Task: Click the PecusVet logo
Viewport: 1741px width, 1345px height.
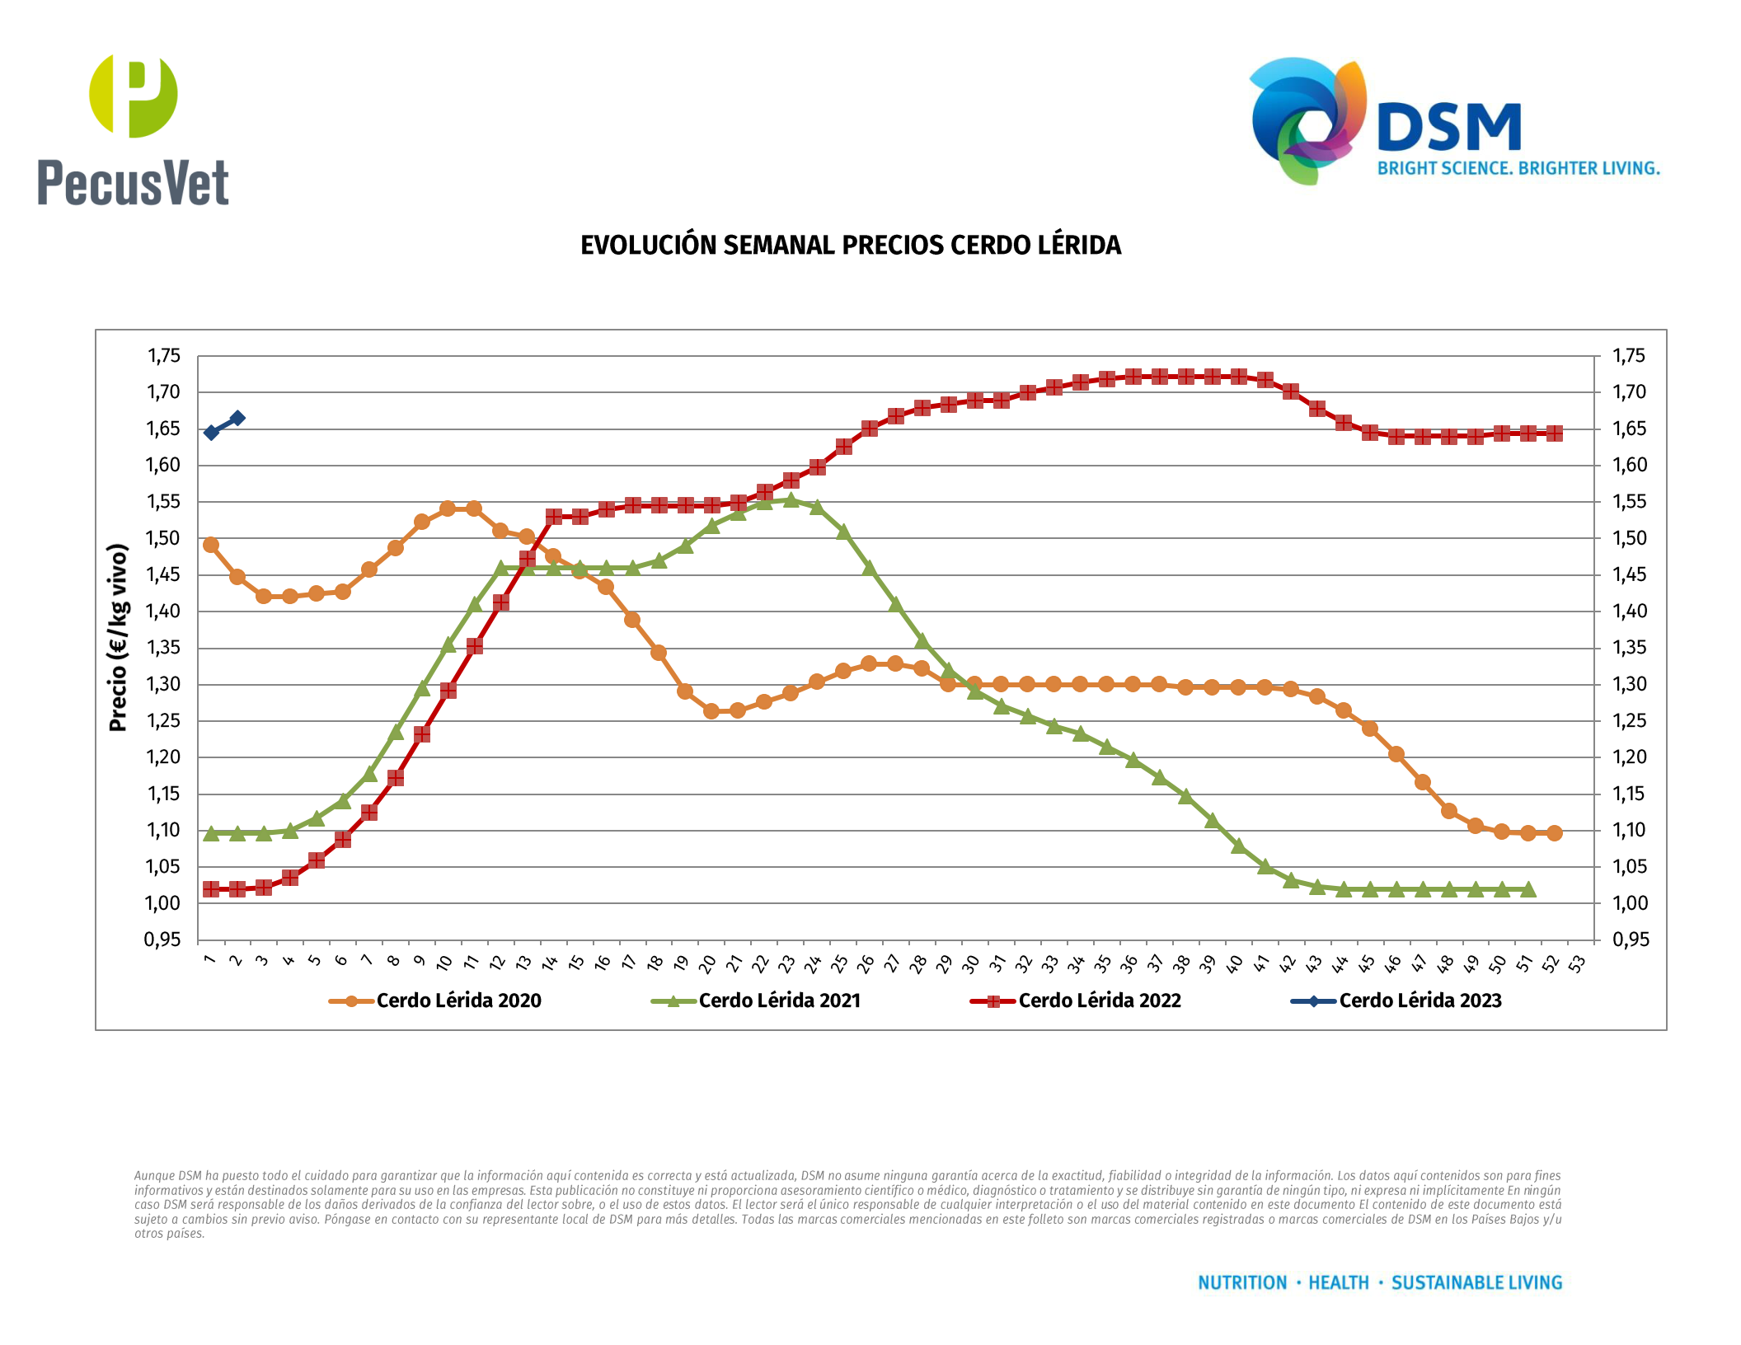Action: click(x=133, y=130)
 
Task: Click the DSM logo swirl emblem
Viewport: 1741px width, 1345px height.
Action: click(x=1307, y=120)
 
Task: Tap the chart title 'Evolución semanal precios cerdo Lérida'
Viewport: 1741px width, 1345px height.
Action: click(x=851, y=246)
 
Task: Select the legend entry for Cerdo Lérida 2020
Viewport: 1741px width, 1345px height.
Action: click(x=435, y=1001)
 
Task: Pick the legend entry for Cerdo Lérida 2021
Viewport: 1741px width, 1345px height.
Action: click(x=756, y=1001)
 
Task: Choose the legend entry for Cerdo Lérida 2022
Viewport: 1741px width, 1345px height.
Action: click(x=1076, y=1001)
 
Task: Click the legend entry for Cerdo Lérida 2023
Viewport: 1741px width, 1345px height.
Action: click(x=1396, y=1001)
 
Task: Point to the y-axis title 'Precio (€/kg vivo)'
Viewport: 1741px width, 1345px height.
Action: click(x=118, y=638)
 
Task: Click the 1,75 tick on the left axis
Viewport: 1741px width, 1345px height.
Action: click(x=163, y=356)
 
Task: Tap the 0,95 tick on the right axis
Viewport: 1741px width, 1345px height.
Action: click(x=1631, y=940)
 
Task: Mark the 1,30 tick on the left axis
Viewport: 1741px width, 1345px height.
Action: click(x=163, y=685)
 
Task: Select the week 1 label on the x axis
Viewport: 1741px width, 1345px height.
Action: click(x=209, y=960)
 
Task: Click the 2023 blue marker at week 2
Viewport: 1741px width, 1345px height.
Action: click(x=237, y=418)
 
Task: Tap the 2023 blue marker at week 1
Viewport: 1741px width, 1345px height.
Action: click(x=211, y=433)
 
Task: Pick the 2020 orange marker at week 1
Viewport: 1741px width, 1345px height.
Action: click(x=211, y=545)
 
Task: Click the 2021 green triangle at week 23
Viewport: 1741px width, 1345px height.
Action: click(x=791, y=499)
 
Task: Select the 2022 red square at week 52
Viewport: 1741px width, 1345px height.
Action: click(x=1555, y=433)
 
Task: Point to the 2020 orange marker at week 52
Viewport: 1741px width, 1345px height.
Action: click(x=1555, y=833)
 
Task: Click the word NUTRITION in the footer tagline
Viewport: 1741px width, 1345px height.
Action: click(x=1242, y=1283)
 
